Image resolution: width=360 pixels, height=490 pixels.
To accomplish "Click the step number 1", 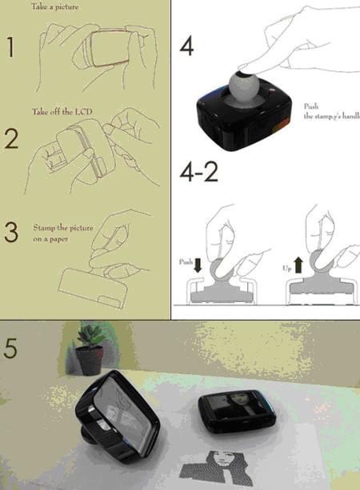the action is coord(11,47).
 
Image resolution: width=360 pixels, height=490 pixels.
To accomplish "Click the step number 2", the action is coord(11,139).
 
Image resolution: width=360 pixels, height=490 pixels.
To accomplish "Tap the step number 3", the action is coord(11,233).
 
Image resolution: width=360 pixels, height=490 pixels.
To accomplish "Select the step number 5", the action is coord(10,349).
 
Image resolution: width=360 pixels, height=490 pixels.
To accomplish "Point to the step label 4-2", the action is coord(198,172).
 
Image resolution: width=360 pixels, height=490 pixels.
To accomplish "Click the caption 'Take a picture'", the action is coord(54,7).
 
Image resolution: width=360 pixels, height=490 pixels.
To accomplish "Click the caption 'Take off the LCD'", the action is coord(62,112).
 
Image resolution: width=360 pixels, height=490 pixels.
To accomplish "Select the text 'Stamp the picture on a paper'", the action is coord(63,233).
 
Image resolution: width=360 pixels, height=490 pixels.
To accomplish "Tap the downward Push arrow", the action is coord(198,265).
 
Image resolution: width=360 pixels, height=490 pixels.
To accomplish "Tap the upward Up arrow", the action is coord(298,265).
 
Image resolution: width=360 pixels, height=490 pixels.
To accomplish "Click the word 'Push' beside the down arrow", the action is coord(185,262).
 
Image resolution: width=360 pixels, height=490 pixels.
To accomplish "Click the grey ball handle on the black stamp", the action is coord(242,83).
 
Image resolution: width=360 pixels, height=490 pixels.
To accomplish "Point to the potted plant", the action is coord(90,350).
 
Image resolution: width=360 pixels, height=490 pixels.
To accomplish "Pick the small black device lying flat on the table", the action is coord(237,410).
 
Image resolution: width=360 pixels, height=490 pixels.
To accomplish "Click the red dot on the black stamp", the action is coord(272,90).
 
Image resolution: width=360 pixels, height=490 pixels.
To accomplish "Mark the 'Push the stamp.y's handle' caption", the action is coord(332,111).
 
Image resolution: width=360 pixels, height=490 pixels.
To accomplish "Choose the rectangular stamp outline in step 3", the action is coord(93,288).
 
